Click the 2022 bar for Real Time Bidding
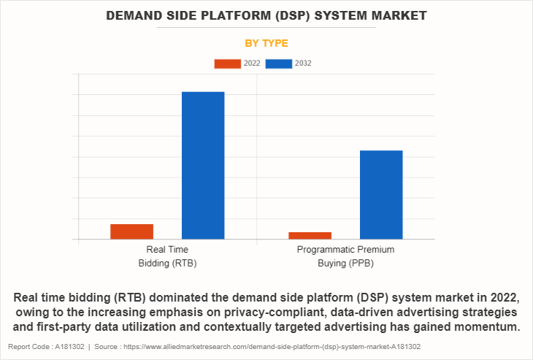(131, 231)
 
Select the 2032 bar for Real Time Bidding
(203, 165)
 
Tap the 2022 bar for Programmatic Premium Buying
(310, 235)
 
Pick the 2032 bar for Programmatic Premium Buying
(381, 194)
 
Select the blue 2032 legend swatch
(279, 64)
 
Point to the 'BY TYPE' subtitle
(266, 43)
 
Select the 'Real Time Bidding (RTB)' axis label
(167, 256)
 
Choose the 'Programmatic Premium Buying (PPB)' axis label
(345, 256)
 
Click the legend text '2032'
(303, 64)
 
